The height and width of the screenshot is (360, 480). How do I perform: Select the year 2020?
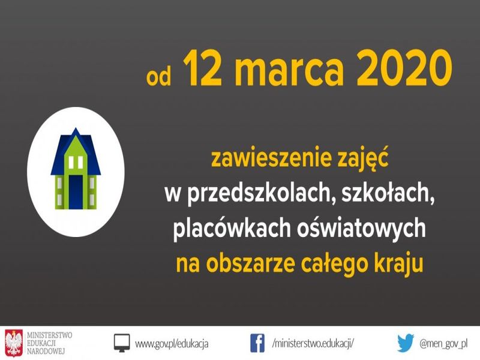point(404,69)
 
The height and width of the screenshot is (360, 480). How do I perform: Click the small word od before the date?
point(158,76)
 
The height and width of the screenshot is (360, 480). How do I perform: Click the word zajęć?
point(362,158)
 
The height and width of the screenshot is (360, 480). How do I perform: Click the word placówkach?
point(232,228)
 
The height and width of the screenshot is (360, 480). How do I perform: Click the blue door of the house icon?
point(76,192)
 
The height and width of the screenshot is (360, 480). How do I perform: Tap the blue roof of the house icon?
point(76,152)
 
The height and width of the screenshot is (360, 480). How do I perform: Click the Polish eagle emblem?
point(14,343)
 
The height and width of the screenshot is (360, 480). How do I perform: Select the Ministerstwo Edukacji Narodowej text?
point(49,343)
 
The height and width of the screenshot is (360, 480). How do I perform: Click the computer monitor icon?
point(122,343)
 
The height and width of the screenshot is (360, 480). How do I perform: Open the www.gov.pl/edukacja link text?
point(172,343)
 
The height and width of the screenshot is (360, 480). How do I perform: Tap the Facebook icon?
point(257,343)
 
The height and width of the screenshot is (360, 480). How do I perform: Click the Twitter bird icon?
point(406,343)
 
